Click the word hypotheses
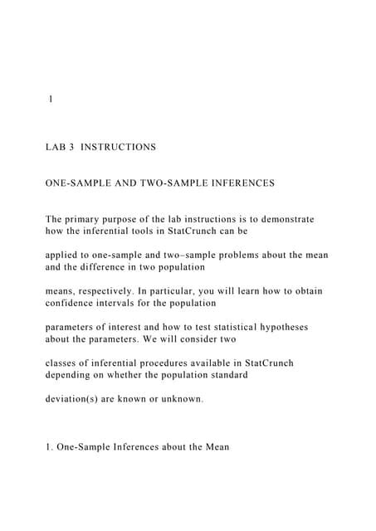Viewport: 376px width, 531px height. click(x=276, y=328)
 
